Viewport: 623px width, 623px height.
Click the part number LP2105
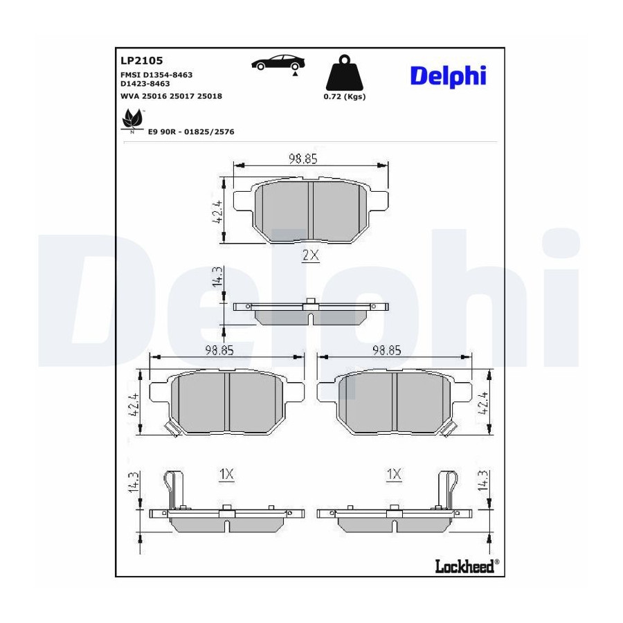point(141,61)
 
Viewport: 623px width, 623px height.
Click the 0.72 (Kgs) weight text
point(345,96)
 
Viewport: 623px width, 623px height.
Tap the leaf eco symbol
point(132,120)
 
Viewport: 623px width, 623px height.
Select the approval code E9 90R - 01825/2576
point(191,132)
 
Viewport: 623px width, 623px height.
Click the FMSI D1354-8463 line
point(156,75)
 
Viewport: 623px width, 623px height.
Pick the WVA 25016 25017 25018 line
point(171,96)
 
